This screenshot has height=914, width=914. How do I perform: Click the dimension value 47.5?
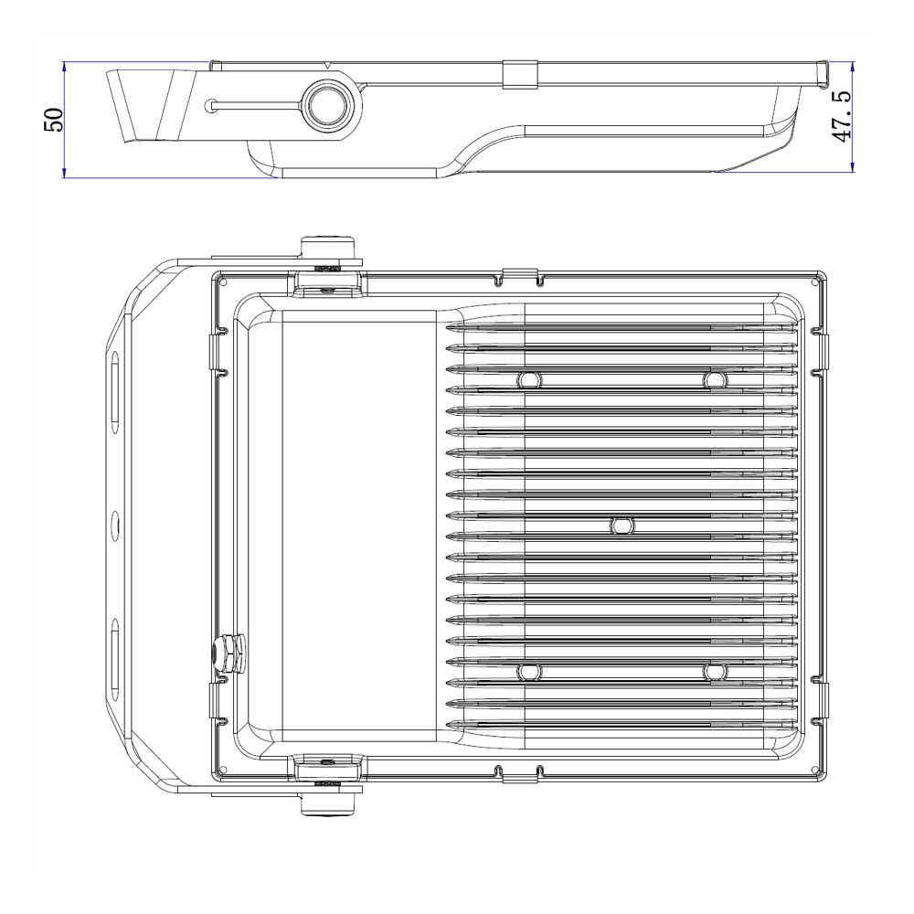tap(841, 116)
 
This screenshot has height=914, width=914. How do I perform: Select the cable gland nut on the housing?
tap(228, 654)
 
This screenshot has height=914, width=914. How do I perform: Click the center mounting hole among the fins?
tap(622, 526)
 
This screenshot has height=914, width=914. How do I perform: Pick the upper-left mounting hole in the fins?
tap(529, 380)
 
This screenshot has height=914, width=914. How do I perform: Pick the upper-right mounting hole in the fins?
tap(715, 380)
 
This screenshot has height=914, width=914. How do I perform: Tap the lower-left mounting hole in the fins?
tap(529, 672)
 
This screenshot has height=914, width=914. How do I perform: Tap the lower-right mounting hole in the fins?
tap(715, 672)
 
